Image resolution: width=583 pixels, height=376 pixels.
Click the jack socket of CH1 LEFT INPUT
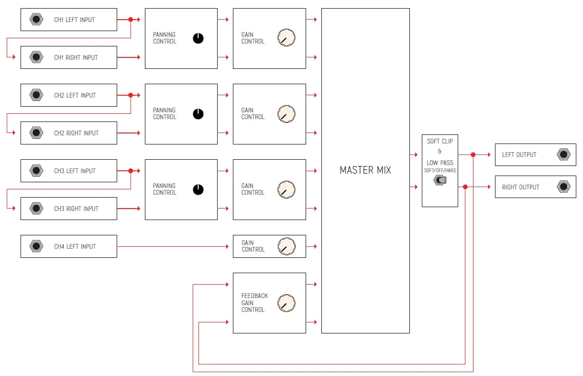(x=36, y=20)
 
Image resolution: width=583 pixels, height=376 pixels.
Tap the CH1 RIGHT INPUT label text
(x=76, y=57)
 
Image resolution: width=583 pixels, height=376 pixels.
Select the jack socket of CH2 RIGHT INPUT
(x=36, y=133)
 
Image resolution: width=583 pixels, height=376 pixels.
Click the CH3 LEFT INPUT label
(x=75, y=171)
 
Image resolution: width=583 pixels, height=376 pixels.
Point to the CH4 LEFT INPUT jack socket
(x=36, y=246)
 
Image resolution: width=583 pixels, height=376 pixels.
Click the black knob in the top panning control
(x=198, y=38)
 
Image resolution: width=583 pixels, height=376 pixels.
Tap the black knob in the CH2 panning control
(x=198, y=114)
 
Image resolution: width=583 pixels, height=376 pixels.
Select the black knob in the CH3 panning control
(x=198, y=189)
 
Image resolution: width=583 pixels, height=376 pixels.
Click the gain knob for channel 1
(x=286, y=38)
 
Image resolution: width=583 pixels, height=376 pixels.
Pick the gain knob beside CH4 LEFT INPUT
(x=286, y=246)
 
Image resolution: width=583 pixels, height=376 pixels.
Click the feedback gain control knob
(x=286, y=303)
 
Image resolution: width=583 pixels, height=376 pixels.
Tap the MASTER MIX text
(x=365, y=170)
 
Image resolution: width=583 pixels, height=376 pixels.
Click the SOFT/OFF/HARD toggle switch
(x=440, y=180)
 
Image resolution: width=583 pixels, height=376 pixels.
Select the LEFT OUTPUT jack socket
(x=563, y=155)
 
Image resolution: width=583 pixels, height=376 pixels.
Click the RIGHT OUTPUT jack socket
(x=563, y=187)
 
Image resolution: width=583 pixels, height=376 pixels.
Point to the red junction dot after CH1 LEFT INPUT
(x=131, y=20)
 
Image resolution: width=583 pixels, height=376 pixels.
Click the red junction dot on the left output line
(x=473, y=155)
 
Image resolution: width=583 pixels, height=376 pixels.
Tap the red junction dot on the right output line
(x=465, y=187)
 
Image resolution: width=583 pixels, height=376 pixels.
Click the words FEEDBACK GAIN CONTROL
(x=254, y=303)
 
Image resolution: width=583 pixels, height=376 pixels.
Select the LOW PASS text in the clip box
(x=440, y=163)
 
